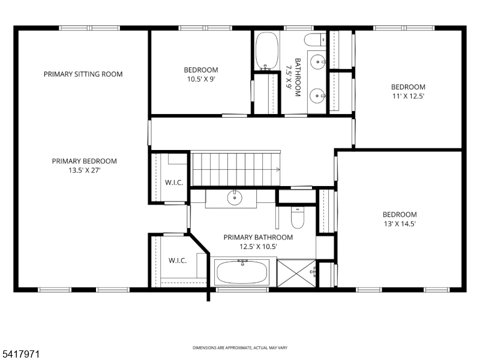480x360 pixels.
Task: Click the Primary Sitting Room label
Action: click(x=83, y=74)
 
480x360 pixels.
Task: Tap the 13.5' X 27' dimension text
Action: click(x=84, y=170)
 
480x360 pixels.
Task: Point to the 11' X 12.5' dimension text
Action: click(x=408, y=96)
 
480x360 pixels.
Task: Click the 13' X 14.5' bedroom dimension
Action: click(x=400, y=224)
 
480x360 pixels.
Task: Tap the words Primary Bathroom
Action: click(x=258, y=238)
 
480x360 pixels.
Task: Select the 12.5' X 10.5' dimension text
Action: click(x=258, y=247)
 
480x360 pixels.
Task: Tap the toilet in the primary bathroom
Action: click(x=298, y=219)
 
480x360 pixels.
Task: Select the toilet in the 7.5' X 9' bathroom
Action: click(x=314, y=41)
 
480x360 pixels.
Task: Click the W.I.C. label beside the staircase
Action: click(x=174, y=182)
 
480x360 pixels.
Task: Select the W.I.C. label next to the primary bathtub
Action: click(x=178, y=260)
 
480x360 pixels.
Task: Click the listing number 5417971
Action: click(x=21, y=355)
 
